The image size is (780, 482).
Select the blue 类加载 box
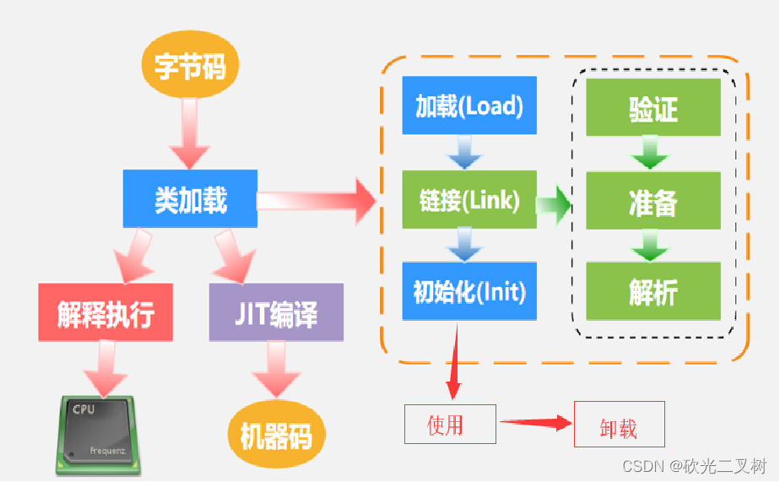click(190, 198)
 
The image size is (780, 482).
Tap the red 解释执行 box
click(106, 311)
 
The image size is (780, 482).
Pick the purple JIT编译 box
click(276, 311)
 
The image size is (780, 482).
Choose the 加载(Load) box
click(469, 106)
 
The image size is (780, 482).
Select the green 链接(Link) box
click(469, 199)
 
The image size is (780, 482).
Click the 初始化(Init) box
click(469, 291)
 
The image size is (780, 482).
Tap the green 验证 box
click(653, 107)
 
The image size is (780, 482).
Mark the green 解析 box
click(653, 291)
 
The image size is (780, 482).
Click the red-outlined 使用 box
click(449, 424)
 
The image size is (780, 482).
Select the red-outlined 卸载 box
click(619, 425)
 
